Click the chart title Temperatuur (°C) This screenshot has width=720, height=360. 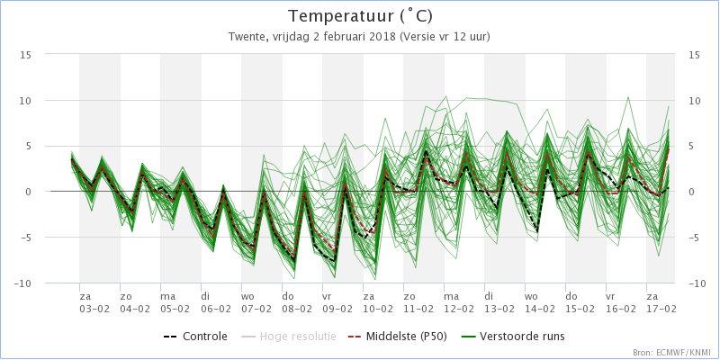(x=360, y=17)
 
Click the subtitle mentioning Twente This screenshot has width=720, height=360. (x=359, y=37)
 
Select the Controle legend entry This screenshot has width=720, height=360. (x=195, y=337)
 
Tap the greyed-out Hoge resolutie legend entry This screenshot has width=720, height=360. (x=288, y=337)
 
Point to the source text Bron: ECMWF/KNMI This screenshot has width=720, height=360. (x=672, y=353)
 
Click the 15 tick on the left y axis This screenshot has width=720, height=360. (x=26, y=55)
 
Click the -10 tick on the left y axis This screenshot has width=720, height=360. (x=22, y=283)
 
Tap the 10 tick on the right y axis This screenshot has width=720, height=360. (x=694, y=101)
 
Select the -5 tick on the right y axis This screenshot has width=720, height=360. (x=694, y=238)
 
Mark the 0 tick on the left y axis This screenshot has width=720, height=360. (x=29, y=192)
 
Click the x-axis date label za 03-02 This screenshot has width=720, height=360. (x=94, y=302)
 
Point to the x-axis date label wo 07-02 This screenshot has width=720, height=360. (x=256, y=302)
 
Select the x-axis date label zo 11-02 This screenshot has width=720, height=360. (x=418, y=302)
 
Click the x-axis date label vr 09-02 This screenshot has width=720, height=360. (x=337, y=302)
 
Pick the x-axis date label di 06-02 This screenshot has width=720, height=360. (x=216, y=302)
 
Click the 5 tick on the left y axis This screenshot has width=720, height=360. (x=29, y=147)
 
